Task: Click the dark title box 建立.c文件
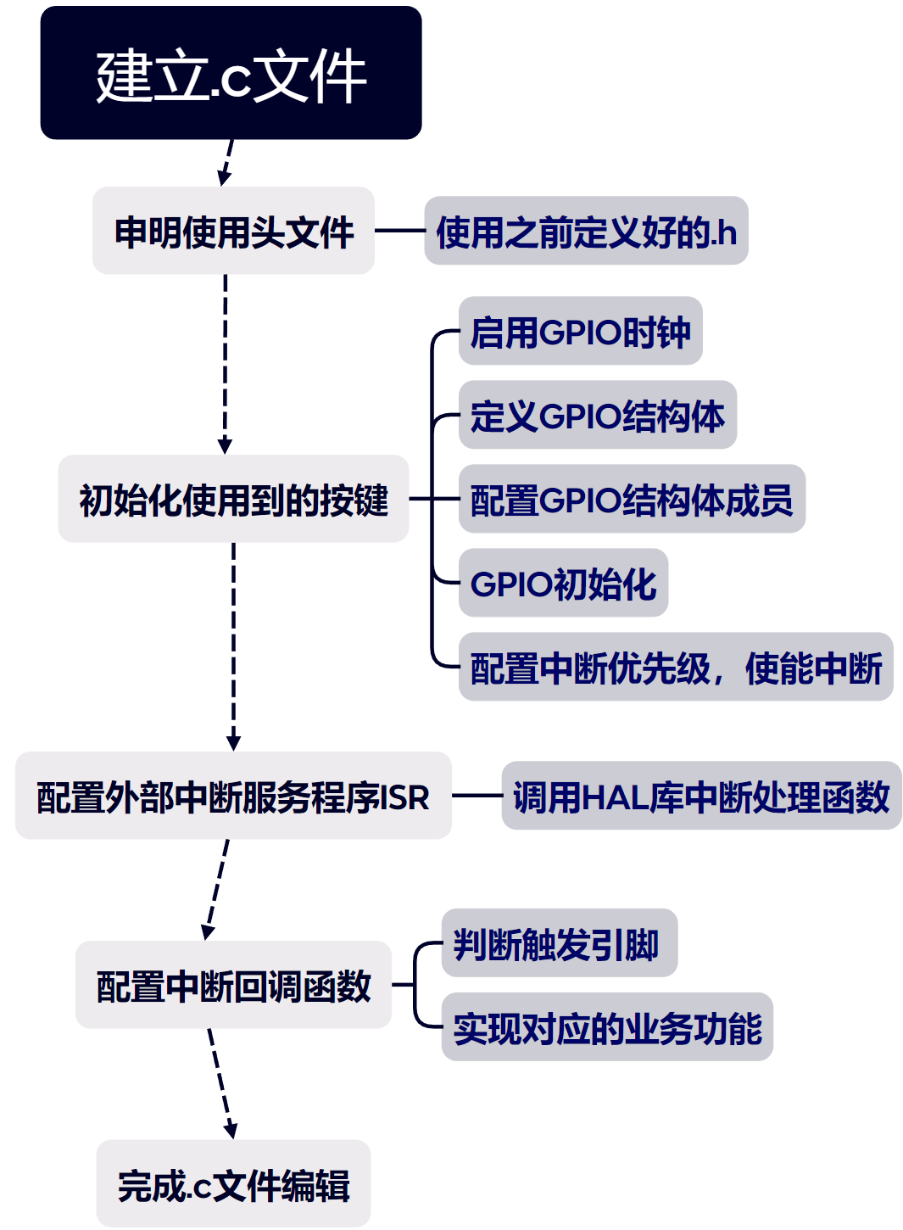coord(231,73)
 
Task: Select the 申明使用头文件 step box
coord(233,231)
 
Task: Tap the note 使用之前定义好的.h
coord(586,231)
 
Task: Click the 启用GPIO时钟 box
coord(580,331)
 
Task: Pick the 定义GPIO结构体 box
coord(597,415)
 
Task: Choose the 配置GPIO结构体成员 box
coord(632,499)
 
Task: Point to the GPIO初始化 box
coord(563,583)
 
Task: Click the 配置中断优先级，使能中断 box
coord(676,667)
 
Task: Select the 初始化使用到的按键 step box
coord(233,499)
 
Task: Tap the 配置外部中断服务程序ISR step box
coord(233,796)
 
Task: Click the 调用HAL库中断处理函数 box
coord(701,796)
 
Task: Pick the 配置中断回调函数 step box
coord(233,985)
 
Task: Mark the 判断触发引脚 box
coord(559,943)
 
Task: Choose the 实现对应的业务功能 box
coord(607,1027)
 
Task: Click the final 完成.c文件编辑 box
coord(233,1183)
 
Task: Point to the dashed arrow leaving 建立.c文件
coord(226,162)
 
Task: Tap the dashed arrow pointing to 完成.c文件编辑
coord(220,1083)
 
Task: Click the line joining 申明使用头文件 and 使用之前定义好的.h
coord(399,231)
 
